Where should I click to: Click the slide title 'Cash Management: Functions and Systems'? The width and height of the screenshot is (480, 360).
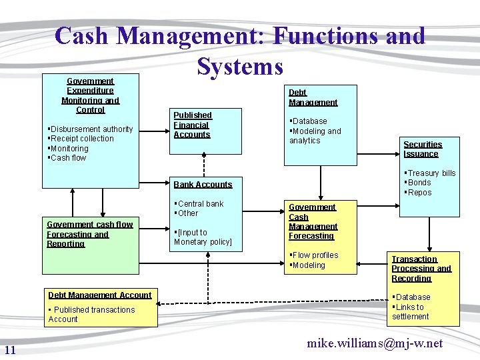click(240, 51)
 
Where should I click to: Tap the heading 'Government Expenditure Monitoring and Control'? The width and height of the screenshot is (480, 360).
click(90, 95)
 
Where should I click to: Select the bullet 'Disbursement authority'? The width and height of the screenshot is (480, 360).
click(91, 129)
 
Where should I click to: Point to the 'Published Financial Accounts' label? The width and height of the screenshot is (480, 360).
click(192, 125)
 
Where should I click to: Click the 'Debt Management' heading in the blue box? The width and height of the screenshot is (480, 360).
click(313, 97)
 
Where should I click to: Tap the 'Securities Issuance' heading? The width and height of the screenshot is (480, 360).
click(422, 149)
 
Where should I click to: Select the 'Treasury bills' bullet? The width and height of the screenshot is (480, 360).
click(431, 173)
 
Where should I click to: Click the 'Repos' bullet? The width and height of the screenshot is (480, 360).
click(419, 193)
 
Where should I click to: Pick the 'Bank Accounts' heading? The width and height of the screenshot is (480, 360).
click(203, 185)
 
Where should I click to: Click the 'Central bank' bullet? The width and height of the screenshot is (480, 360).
click(200, 204)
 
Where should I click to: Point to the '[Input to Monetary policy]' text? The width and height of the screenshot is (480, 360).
click(203, 237)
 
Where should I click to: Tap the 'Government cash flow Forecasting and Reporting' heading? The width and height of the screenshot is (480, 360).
click(89, 234)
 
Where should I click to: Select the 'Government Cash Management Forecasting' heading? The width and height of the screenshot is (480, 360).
click(313, 222)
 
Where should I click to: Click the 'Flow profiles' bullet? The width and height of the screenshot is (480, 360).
click(315, 255)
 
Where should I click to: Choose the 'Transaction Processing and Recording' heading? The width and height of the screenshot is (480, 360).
click(421, 269)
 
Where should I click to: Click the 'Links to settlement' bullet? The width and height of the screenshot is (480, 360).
click(411, 312)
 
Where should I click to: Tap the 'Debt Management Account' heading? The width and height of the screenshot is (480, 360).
click(99, 295)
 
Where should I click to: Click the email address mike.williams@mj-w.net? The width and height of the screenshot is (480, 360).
click(374, 343)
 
